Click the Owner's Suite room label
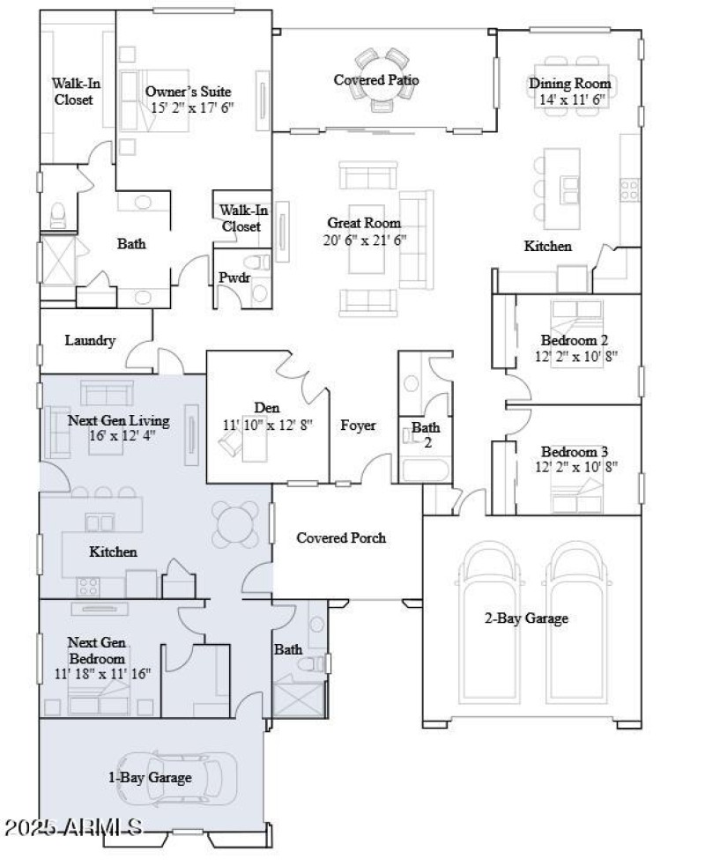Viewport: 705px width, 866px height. pyautogui.click(x=189, y=91)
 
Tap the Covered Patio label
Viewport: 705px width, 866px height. pyautogui.click(x=375, y=80)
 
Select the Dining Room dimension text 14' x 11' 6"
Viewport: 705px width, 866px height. pyautogui.click(x=569, y=100)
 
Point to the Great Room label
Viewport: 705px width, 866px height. pyautogui.click(x=364, y=223)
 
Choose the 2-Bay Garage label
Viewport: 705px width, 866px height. pyautogui.click(x=525, y=618)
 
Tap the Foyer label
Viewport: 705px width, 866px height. pyautogui.click(x=358, y=426)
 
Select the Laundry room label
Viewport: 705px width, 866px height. pyautogui.click(x=90, y=340)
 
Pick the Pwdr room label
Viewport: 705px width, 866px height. pyautogui.click(x=234, y=278)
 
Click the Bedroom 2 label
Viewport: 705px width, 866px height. pyautogui.click(x=574, y=340)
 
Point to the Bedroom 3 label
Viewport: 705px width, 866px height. pyautogui.click(x=574, y=450)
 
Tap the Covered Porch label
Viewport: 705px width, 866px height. pyautogui.click(x=341, y=537)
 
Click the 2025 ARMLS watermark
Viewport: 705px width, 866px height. pyautogui.click(x=73, y=828)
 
